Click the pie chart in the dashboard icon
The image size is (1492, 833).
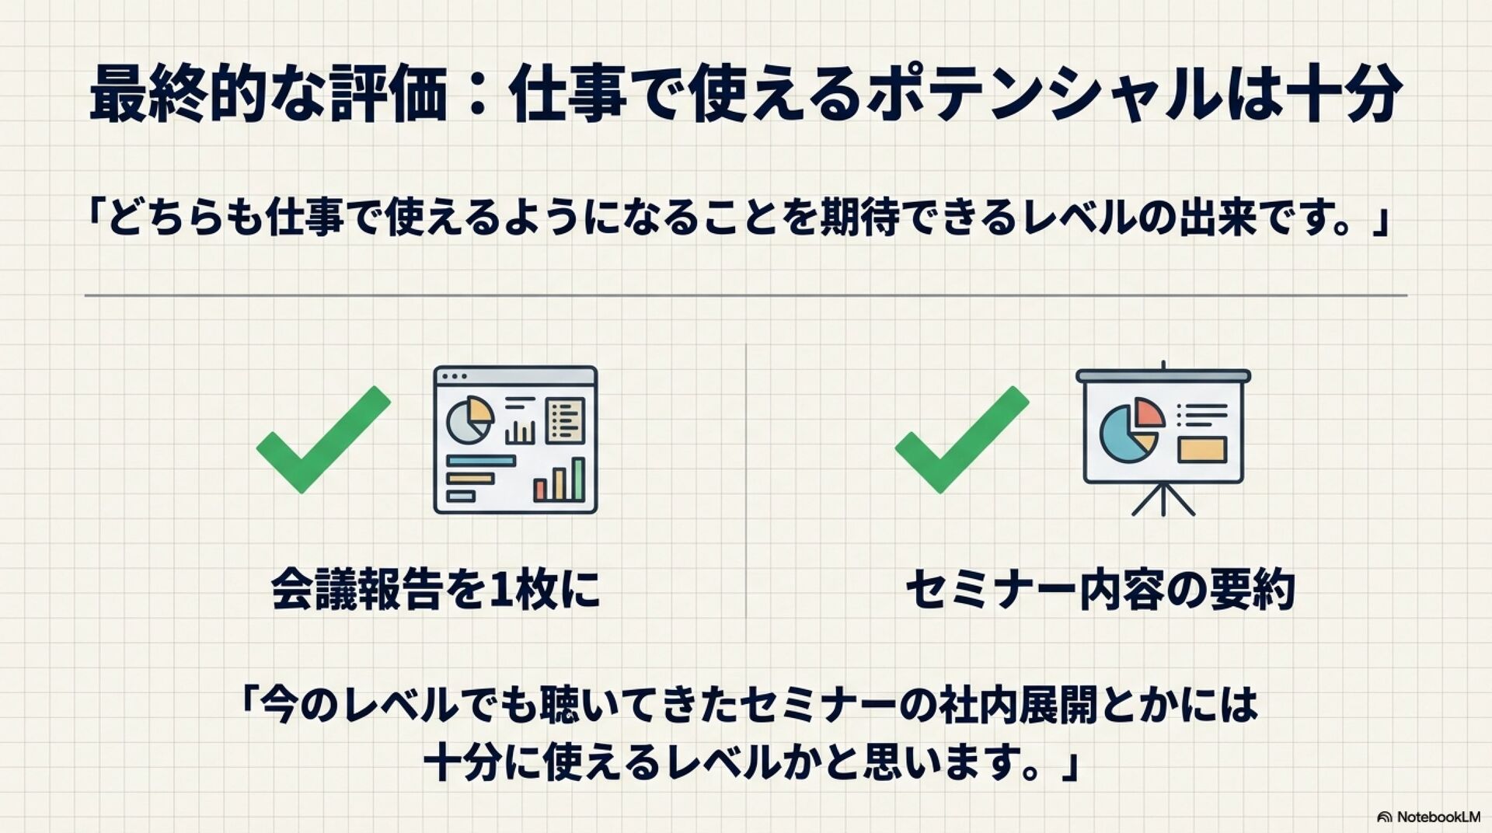[469, 420]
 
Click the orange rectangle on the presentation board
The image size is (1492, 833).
[1202, 450]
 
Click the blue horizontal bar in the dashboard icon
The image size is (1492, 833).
[481, 461]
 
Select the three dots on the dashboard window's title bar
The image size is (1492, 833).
[454, 376]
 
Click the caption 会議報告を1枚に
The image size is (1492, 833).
[436, 590]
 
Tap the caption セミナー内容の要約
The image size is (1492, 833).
[1100, 591]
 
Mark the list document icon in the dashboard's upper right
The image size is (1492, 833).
[565, 420]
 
